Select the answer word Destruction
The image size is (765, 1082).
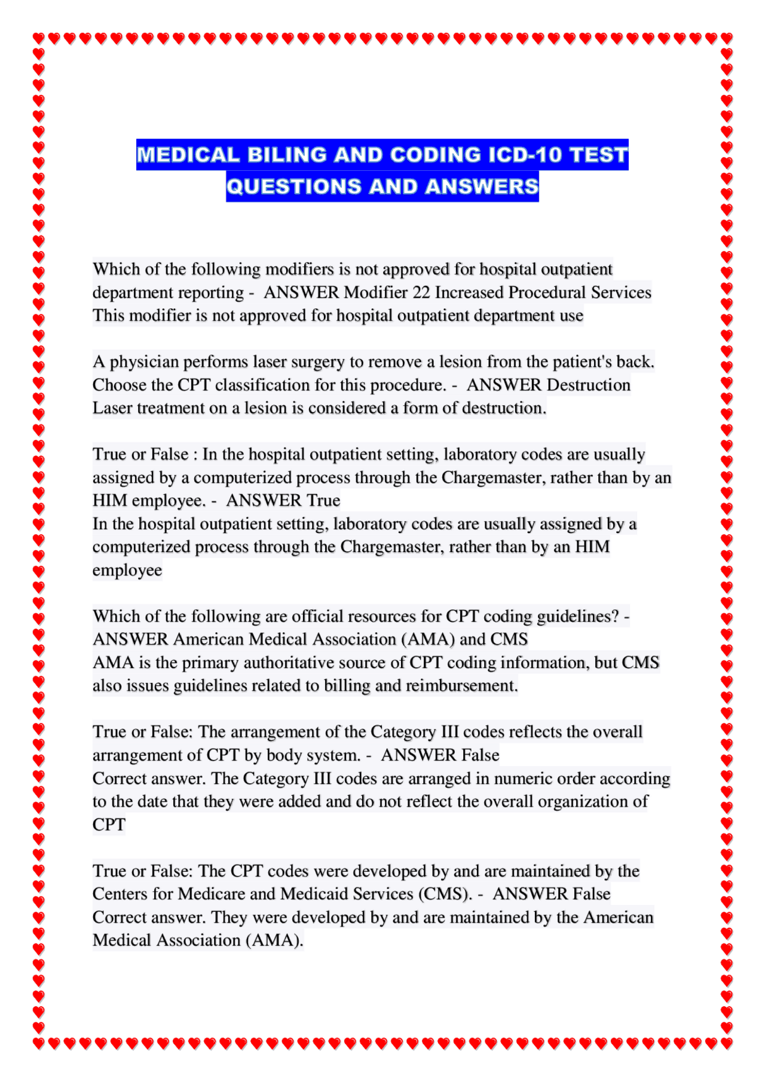coord(589,385)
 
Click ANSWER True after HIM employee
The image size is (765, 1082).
coord(283,501)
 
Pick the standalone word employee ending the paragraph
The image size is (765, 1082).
coord(127,571)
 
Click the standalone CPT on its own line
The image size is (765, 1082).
coord(109,825)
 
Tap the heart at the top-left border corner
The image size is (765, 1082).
coord(38,38)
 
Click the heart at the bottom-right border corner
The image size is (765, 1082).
coord(726,1043)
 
